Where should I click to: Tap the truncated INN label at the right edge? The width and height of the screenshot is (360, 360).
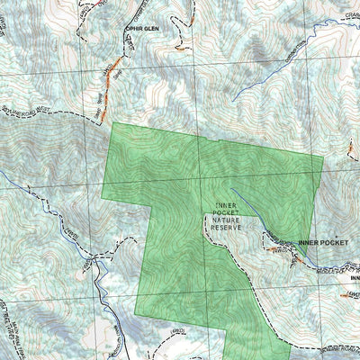point(354,277)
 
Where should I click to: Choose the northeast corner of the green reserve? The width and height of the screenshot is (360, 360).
point(322,156)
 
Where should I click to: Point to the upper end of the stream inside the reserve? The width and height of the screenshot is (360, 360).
point(232,190)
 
